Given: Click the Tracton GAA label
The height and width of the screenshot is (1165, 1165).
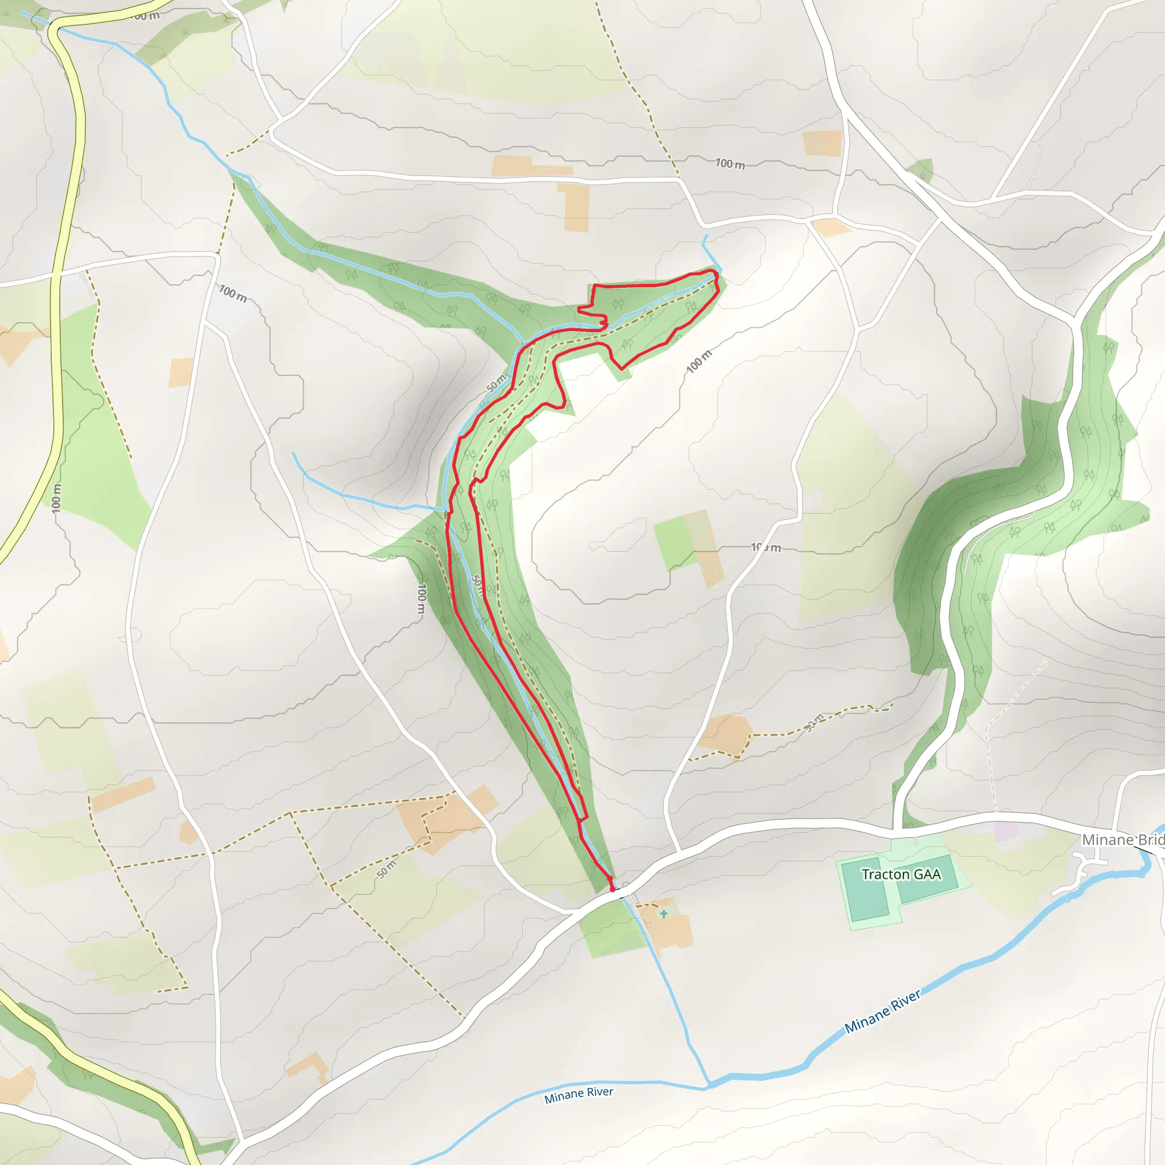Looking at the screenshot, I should pyautogui.click(x=901, y=874).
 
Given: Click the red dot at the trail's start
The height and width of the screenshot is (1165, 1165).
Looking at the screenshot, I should pyautogui.click(x=613, y=889).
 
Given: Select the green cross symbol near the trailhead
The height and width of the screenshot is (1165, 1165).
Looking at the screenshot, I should pyautogui.click(x=663, y=914).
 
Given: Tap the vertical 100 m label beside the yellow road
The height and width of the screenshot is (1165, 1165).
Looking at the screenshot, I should pyautogui.click(x=56, y=498).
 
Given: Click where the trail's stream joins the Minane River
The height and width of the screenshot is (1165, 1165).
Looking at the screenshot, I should pyautogui.click(x=709, y=1086).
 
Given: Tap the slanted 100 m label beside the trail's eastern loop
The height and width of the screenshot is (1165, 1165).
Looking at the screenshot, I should pyautogui.click(x=699, y=361).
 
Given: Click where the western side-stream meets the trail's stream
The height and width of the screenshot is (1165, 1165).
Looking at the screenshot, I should pyautogui.click(x=445, y=510).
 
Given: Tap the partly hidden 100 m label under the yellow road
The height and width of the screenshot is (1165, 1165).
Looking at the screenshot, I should pyautogui.click(x=144, y=16).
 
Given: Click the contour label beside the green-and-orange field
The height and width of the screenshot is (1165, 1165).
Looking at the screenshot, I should pyautogui.click(x=766, y=548).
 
